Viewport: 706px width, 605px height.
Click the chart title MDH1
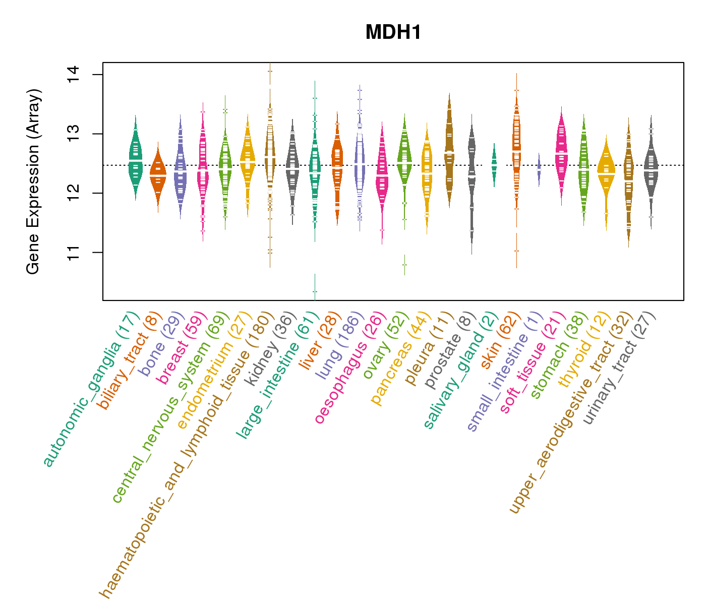tap(393, 33)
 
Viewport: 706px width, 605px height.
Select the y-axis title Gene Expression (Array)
tap(33, 182)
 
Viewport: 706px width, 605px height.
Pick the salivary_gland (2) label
tap(461, 370)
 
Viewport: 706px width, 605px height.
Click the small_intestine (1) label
tap(505, 371)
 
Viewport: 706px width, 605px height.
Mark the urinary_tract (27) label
tap(619, 368)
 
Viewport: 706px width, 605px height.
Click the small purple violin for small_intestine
tap(539, 169)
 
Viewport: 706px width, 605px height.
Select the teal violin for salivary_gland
tap(494, 164)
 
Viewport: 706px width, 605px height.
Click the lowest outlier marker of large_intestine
tap(315, 291)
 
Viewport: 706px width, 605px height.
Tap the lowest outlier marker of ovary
tap(404, 264)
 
